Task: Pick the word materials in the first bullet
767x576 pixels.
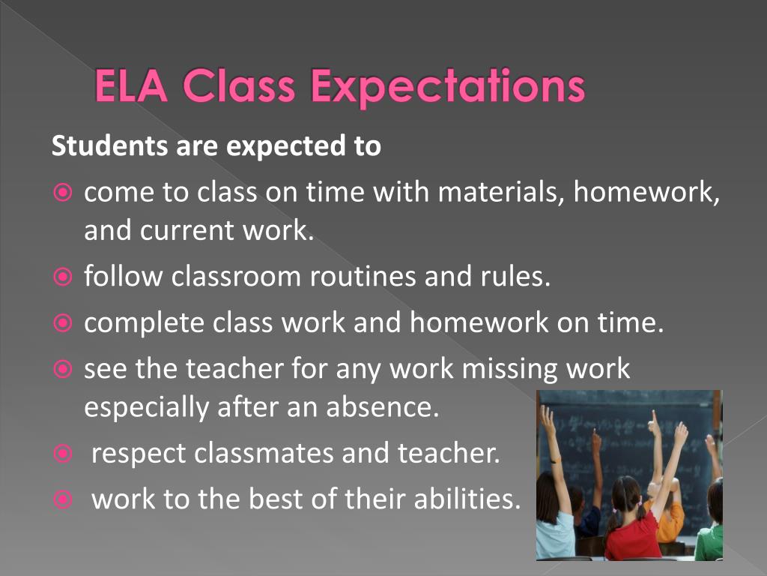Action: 501,193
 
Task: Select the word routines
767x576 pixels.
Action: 364,277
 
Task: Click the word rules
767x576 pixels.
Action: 516,277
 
